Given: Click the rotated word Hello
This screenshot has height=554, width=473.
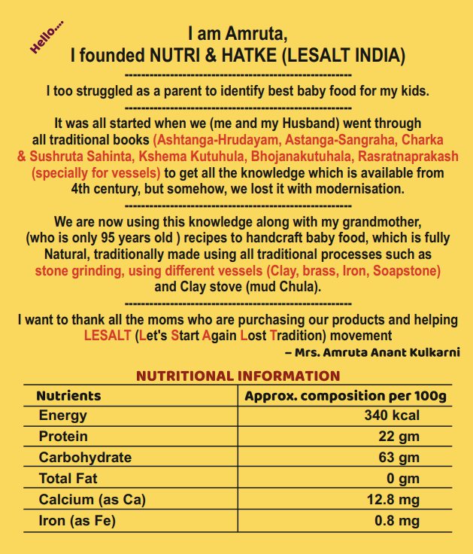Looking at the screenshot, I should point(47,38).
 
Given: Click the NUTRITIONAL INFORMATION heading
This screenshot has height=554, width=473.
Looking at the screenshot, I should point(238,376).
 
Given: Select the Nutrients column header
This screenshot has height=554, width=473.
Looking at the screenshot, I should point(68,395).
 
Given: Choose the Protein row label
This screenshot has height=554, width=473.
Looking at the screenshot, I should point(63,437).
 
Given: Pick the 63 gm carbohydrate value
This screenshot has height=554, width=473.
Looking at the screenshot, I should point(398,458).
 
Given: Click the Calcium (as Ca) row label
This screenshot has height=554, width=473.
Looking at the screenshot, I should point(92,500).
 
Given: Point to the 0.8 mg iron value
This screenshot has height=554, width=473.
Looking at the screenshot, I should point(397,521).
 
